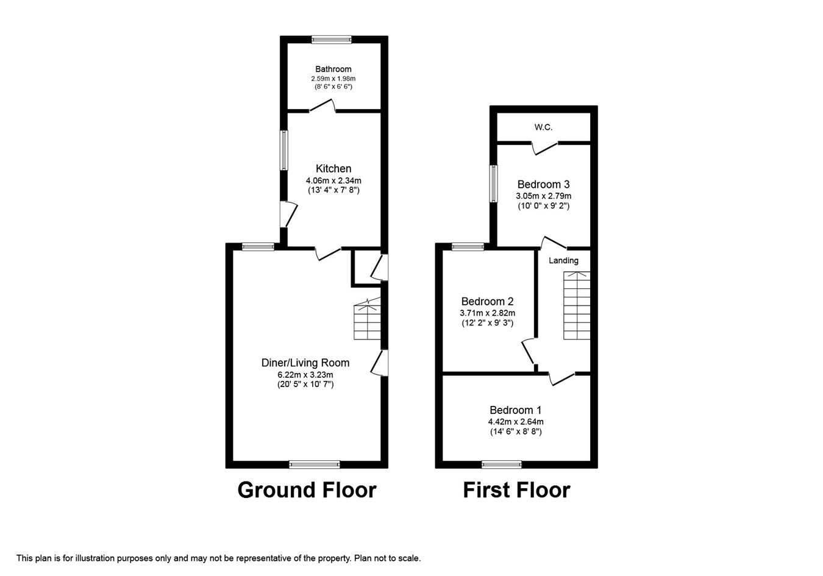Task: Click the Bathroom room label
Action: [333, 69]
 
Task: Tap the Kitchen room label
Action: [333, 169]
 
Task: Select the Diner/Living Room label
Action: [305, 363]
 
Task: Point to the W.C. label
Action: [543, 127]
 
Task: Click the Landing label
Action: [564, 260]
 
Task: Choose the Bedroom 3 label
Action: [543, 184]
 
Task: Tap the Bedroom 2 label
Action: [487, 302]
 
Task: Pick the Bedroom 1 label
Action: [516, 410]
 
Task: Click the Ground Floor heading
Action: [307, 490]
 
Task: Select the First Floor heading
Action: [516, 490]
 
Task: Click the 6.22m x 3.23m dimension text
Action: [305, 375]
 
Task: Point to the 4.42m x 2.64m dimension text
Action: [516, 422]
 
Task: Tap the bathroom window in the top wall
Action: [332, 40]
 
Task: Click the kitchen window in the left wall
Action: [284, 150]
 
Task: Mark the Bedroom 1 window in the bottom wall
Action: [502, 464]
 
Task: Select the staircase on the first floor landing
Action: [577, 305]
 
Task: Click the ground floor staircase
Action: [367, 319]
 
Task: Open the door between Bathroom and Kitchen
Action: [322, 105]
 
